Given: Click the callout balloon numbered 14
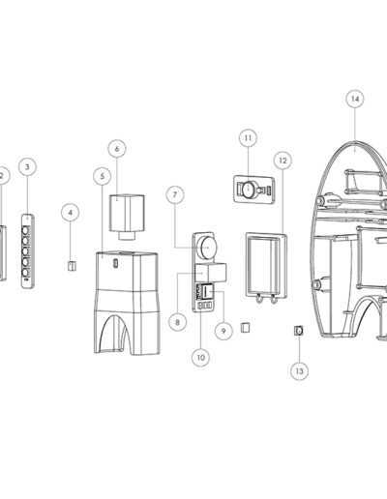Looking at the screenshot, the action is coord(355,99).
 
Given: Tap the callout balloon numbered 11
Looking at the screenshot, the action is coord(248,138).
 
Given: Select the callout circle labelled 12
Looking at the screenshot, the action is coord(283,161).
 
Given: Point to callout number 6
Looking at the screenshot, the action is coord(117,149).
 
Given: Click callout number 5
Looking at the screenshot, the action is coord(103,176).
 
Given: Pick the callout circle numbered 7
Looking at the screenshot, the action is coord(175,194).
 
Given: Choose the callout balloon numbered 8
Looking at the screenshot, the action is coord(177,322).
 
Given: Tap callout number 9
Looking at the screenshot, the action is coord(223,331).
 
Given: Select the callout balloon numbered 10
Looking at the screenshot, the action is coord(200,358).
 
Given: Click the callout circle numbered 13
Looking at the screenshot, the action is coord(299,371).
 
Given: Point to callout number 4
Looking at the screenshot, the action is coord(71,213).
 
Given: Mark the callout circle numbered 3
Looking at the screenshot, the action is coord(27,166).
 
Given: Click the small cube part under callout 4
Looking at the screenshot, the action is coord(72,266).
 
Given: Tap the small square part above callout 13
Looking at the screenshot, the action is coord(299,331).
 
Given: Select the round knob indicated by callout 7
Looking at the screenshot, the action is coord(207,247).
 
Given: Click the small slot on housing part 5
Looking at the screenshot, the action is coord(115,263).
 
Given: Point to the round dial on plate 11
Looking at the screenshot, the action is coord(249,189).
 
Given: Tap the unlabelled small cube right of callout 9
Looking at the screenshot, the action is coord(246,328).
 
